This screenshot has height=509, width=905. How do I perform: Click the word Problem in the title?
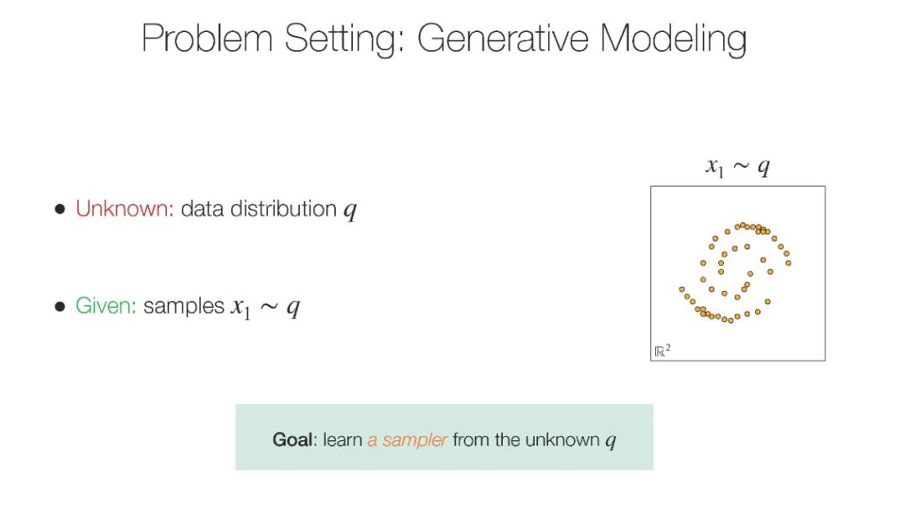click(x=207, y=38)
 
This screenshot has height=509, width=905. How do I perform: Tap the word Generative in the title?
click(x=503, y=39)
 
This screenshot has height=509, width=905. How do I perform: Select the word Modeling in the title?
click(x=673, y=39)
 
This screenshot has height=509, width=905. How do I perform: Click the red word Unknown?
click(x=125, y=209)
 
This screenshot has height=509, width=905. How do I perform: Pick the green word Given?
click(x=106, y=305)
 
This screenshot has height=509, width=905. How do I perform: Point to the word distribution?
click(x=283, y=209)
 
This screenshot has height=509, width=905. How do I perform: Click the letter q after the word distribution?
click(x=350, y=210)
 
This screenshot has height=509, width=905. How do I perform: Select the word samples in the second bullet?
click(x=184, y=306)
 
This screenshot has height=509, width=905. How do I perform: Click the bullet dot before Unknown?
click(x=60, y=209)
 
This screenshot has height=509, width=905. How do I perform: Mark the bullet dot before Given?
click(x=60, y=306)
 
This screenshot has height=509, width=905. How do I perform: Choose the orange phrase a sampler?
click(x=407, y=440)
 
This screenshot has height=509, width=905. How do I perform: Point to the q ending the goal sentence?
click(x=611, y=442)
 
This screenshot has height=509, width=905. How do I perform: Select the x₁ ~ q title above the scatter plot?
click(x=737, y=167)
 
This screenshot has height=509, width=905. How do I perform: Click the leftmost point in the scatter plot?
click(x=681, y=289)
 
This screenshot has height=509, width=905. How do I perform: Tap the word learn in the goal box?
click(x=342, y=439)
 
